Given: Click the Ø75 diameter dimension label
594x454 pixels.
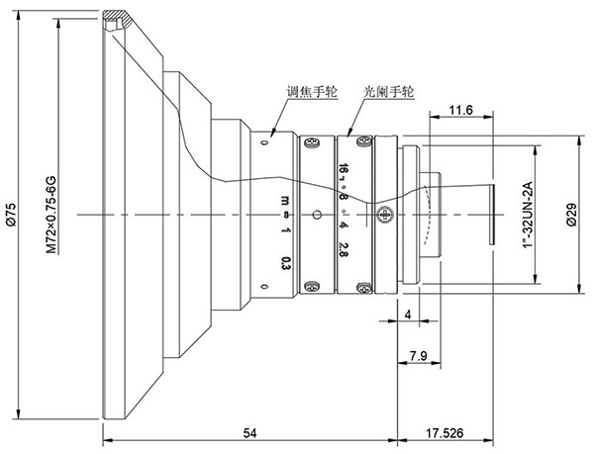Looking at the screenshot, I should coord(10,215).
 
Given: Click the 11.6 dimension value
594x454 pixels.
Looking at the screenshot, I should coord(460,111).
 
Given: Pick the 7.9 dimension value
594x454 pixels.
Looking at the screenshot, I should coord(418,355).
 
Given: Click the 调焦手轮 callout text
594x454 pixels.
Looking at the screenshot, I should coord(311,91).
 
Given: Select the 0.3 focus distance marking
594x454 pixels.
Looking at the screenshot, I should coord(284,262).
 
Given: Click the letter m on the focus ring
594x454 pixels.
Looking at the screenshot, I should coord(284,194).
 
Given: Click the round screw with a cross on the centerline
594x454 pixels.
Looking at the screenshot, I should coord(385,211).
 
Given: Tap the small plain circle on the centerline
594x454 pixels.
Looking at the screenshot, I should coord(315,215).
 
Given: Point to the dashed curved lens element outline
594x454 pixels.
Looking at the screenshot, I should coord(428,215).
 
